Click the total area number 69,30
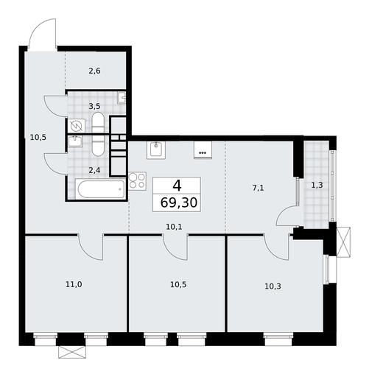179,202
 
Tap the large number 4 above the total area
177,186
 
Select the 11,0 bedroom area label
74,284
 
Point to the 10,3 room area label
273,286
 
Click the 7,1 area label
258,188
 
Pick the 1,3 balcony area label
317,185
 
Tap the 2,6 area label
94,71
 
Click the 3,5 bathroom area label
94,106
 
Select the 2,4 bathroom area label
94,170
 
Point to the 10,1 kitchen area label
174,227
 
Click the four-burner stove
137,181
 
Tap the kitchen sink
156,150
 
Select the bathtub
100,189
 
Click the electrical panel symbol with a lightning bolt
77,127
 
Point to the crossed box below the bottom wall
72,352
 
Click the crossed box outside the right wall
344,242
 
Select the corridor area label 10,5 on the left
38,137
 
